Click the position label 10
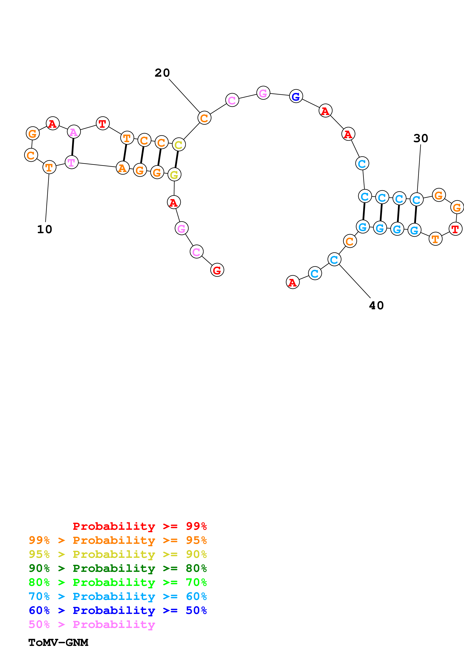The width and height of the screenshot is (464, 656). click(x=45, y=229)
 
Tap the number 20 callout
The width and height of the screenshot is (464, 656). click(x=162, y=73)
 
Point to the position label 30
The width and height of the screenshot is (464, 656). click(x=421, y=139)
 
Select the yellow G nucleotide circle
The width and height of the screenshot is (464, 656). click(x=174, y=175)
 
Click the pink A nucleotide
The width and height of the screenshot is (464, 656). click(x=74, y=132)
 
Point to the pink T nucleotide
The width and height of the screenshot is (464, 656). click(x=71, y=162)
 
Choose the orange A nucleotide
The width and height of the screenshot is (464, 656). click(x=123, y=168)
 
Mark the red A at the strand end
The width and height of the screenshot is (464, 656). click(x=293, y=282)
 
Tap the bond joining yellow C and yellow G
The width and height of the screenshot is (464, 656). click(x=176, y=160)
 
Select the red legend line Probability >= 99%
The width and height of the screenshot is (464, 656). click(x=139, y=526)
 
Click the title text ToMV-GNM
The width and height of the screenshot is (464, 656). click(x=58, y=643)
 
